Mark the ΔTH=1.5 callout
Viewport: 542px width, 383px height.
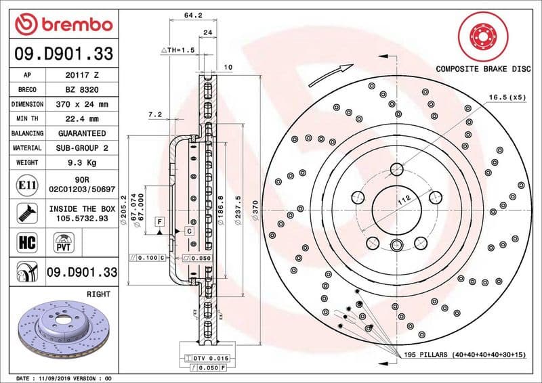[x=178, y=51]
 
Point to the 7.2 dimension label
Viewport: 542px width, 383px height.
[x=154, y=114]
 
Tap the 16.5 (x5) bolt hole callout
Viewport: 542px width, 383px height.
[x=507, y=97]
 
